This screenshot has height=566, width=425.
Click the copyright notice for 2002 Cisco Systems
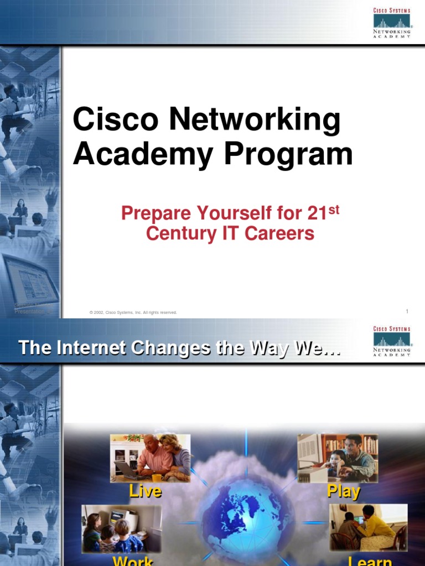[x=133, y=312]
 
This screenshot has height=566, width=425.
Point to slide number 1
[x=407, y=312]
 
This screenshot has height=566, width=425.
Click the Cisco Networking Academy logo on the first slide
[x=392, y=22]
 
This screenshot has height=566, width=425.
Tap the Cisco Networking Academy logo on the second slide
[x=392, y=341]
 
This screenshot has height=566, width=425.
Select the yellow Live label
[x=145, y=491]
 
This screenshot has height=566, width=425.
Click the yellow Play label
[x=343, y=491]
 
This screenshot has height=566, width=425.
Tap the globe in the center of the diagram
[x=246, y=520]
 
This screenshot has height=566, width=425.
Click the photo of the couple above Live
[x=150, y=457]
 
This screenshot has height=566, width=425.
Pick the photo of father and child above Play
[x=338, y=457]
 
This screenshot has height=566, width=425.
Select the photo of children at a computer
[x=122, y=528]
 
